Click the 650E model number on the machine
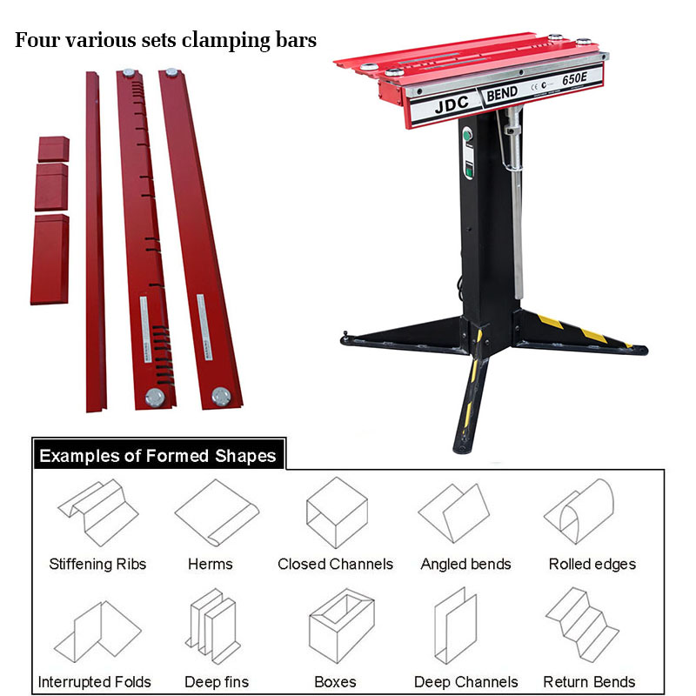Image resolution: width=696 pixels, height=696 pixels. point(574,78)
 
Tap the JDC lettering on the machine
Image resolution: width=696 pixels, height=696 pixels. point(452,104)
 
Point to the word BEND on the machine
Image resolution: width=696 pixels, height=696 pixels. point(502,94)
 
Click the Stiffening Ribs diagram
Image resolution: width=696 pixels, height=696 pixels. point(98,512)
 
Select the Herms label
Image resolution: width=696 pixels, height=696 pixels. point(210,564)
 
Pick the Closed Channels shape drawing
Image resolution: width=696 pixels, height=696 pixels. point(337,512)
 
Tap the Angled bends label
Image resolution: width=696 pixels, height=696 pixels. point(465,564)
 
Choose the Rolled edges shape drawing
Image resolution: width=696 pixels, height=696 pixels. point(579,512)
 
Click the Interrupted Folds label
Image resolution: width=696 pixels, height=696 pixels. point(95,682)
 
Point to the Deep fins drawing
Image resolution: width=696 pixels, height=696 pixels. point(213,626)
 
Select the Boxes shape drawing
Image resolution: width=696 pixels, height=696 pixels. point(341,626)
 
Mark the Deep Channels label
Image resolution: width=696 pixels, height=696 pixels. point(466,682)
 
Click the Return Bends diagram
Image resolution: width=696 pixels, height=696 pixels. point(582,624)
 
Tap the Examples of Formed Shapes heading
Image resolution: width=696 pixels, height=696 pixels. point(157,456)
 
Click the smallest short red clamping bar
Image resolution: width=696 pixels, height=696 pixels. point(53,149)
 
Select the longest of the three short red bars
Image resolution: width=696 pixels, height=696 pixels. point(50,259)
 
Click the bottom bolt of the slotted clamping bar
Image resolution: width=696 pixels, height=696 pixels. point(155,398)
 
